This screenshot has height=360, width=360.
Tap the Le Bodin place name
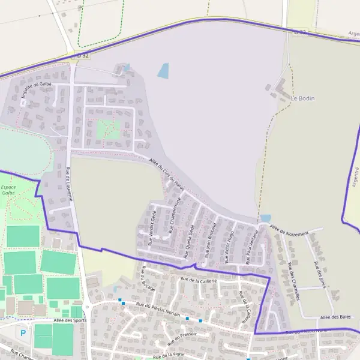coord(302,98)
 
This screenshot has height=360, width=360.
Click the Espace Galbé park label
coord(8,190)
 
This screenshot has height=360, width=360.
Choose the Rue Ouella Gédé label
coord(190,237)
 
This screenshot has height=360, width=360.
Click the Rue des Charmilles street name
coord(293,277)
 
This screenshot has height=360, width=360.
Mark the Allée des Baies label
coord(335,317)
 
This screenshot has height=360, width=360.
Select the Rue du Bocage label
coord(148,279)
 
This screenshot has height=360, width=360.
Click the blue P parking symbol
coord(23,332)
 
